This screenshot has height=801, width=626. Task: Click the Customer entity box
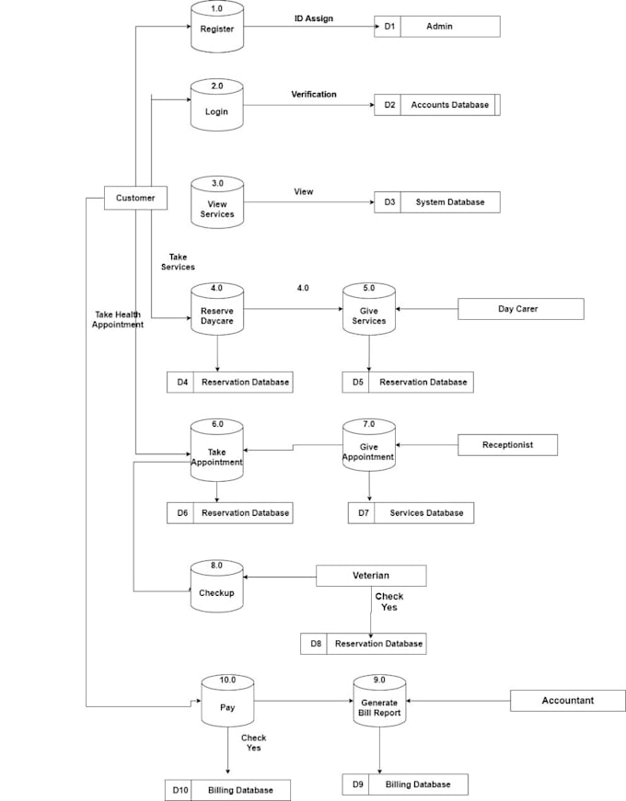point(135,198)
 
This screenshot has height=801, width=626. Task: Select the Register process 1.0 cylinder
point(217,25)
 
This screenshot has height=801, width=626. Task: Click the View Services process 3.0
point(217,204)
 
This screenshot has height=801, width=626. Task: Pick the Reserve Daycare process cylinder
point(217,311)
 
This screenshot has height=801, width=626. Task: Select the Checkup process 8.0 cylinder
point(217,588)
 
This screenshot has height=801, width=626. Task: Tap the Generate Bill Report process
point(379,704)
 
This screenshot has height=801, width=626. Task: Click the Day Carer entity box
point(520,309)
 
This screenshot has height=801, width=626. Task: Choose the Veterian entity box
point(371,576)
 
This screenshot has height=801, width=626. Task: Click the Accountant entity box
point(568,701)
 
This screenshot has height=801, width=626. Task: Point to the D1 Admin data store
point(437,27)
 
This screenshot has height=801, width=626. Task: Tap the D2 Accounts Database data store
point(437,105)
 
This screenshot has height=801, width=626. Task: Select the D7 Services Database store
point(411,512)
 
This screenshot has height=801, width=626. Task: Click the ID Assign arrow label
point(314,17)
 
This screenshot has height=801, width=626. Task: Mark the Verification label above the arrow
point(314,94)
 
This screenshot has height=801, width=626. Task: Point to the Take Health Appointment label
point(119,319)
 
